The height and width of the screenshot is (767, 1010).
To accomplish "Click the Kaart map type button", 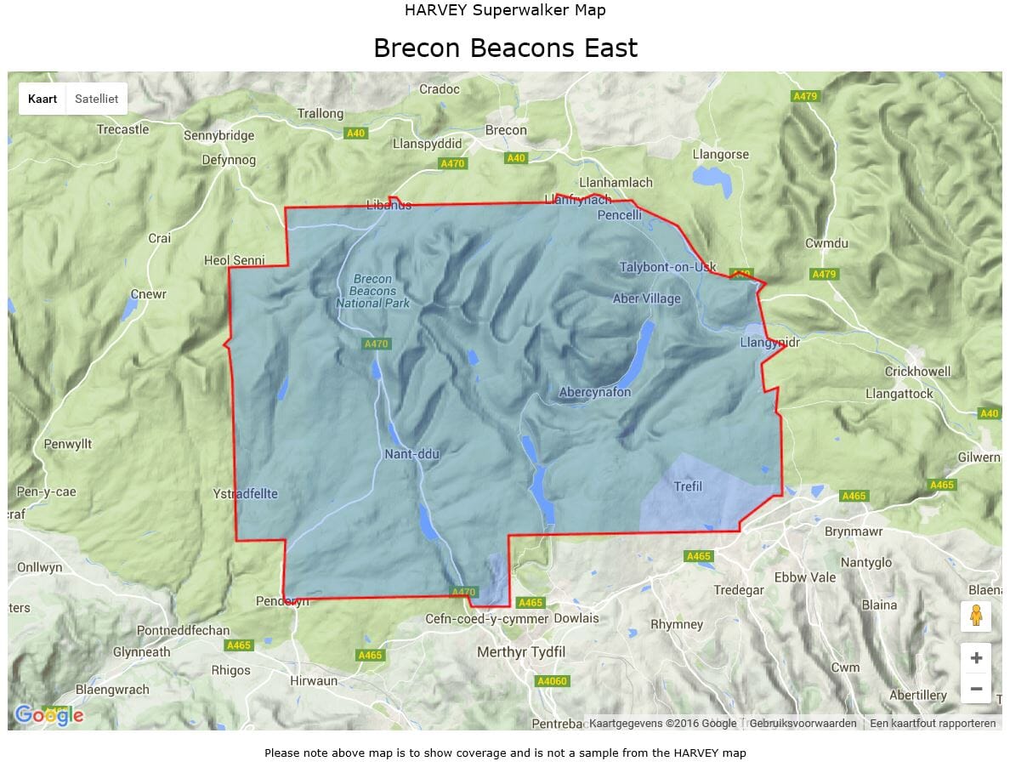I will click(43, 99).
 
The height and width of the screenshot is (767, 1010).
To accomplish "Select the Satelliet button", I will click(96, 99).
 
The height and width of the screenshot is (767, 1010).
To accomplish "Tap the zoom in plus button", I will click(975, 657).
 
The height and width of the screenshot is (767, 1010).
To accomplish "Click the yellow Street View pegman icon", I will click(975, 616).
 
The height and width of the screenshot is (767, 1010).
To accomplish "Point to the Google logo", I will click(49, 715).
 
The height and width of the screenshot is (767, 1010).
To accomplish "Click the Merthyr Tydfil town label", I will click(521, 652).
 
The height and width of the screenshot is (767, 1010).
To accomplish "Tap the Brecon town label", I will click(506, 130).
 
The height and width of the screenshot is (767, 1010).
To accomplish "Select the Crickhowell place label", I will click(917, 372).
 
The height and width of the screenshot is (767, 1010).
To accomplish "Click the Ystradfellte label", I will click(247, 494).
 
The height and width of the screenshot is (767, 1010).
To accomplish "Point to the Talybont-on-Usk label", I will click(667, 267).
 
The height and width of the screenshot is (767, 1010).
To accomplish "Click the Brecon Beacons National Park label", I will click(372, 291).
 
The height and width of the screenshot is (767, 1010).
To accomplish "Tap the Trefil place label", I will click(688, 486).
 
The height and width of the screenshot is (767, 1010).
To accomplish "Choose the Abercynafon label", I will click(595, 392).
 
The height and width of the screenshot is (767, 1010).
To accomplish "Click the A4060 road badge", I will click(552, 681).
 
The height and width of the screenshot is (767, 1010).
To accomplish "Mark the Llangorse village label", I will click(721, 155).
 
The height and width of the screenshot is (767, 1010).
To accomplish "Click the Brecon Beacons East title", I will click(505, 48).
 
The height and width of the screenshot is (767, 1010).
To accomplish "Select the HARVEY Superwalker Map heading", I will click(505, 10).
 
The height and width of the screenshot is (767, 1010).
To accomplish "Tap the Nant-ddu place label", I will click(412, 454).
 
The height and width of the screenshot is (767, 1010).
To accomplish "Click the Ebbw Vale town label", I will click(805, 577).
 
